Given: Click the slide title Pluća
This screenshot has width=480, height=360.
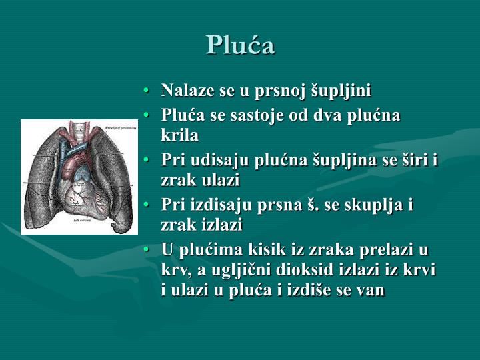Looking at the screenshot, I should click(240, 45).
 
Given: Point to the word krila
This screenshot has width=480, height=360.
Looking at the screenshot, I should click(179, 135).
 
